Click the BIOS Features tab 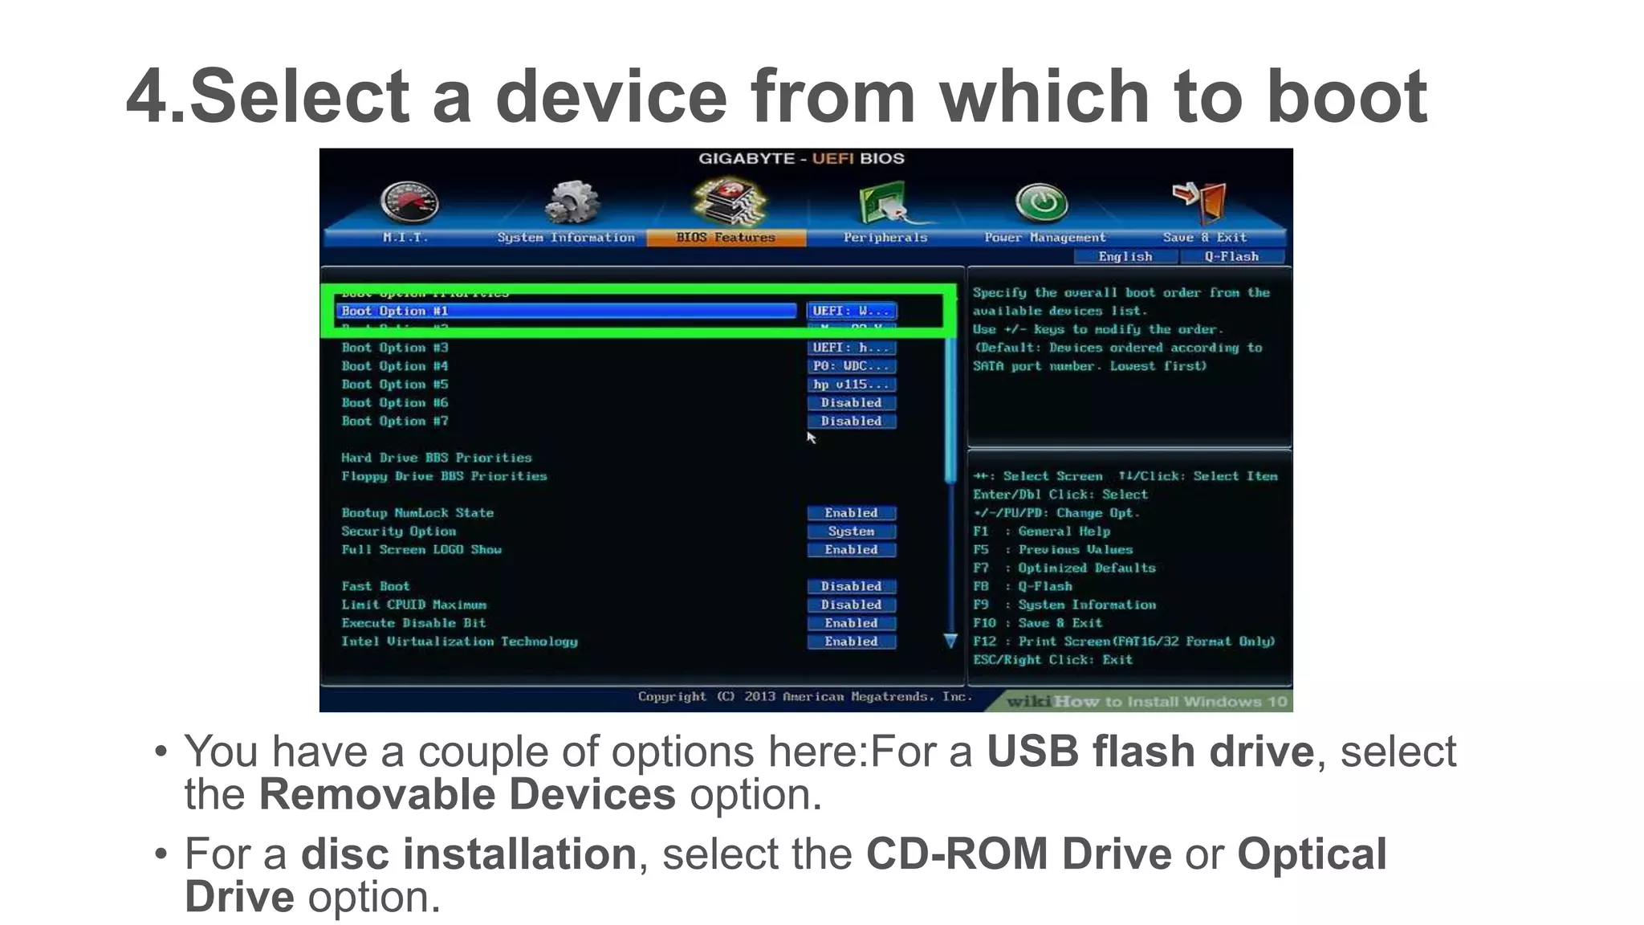click(726, 238)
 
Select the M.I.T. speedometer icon click(409, 202)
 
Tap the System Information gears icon click(572, 202)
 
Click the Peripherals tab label click(885, 238)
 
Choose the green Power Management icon click(1041, 202)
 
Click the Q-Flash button click(1231, 257)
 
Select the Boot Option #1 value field click(851, 311)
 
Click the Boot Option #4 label click(395, 366)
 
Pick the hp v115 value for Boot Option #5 click(851, 385)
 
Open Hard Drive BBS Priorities click(437, 458)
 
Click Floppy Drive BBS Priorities click(444, 476)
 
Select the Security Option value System click(851, 532)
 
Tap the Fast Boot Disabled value click(851, 587)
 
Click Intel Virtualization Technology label click(459, 642)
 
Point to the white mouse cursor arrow click(811, 437)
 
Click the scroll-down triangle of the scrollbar click(950, 641)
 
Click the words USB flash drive click(1150, 752)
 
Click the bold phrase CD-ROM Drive click(1018, 854)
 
